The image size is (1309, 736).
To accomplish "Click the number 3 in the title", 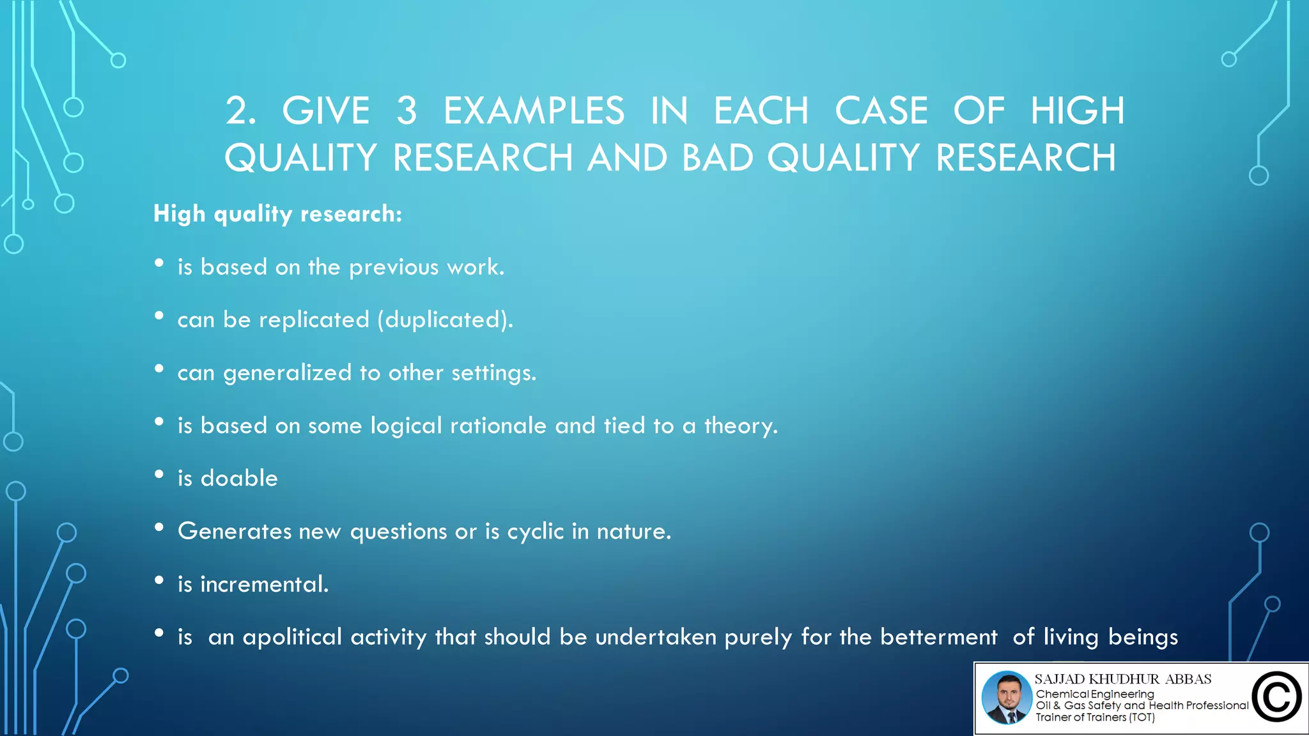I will [x=407, y=111].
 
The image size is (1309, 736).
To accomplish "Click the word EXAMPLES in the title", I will [x=534, y=111].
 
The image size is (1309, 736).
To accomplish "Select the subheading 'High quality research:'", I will [x=277, y=214].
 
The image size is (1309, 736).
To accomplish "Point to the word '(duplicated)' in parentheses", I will [x=445, y=319].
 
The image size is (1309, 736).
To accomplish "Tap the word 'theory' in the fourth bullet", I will [x=740, y=426].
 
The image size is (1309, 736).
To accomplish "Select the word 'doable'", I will [x=239, y=479].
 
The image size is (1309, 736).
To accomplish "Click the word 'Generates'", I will [x=235, y=532].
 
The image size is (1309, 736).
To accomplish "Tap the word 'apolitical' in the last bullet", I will [x=292, y=638].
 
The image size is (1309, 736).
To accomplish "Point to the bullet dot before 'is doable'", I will [x=159, y=475].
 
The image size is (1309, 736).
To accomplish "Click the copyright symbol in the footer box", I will [x=1276, y=697].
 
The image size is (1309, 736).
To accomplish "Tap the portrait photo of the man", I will [x=1007, y=698].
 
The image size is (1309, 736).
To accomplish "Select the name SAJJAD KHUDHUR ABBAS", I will [x=1123, y=679].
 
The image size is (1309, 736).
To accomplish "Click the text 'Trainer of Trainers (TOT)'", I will [x=1095, y=717].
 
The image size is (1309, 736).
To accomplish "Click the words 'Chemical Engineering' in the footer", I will [x=1095, y=694].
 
